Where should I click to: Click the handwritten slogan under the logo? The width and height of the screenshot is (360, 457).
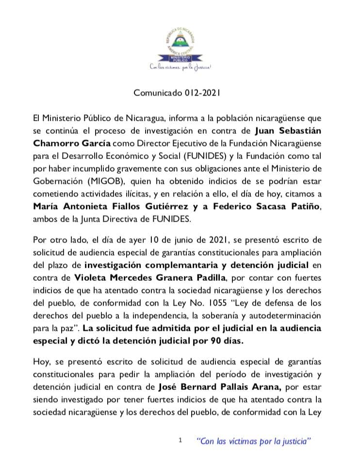180,67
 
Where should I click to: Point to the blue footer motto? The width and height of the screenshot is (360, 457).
253,441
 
